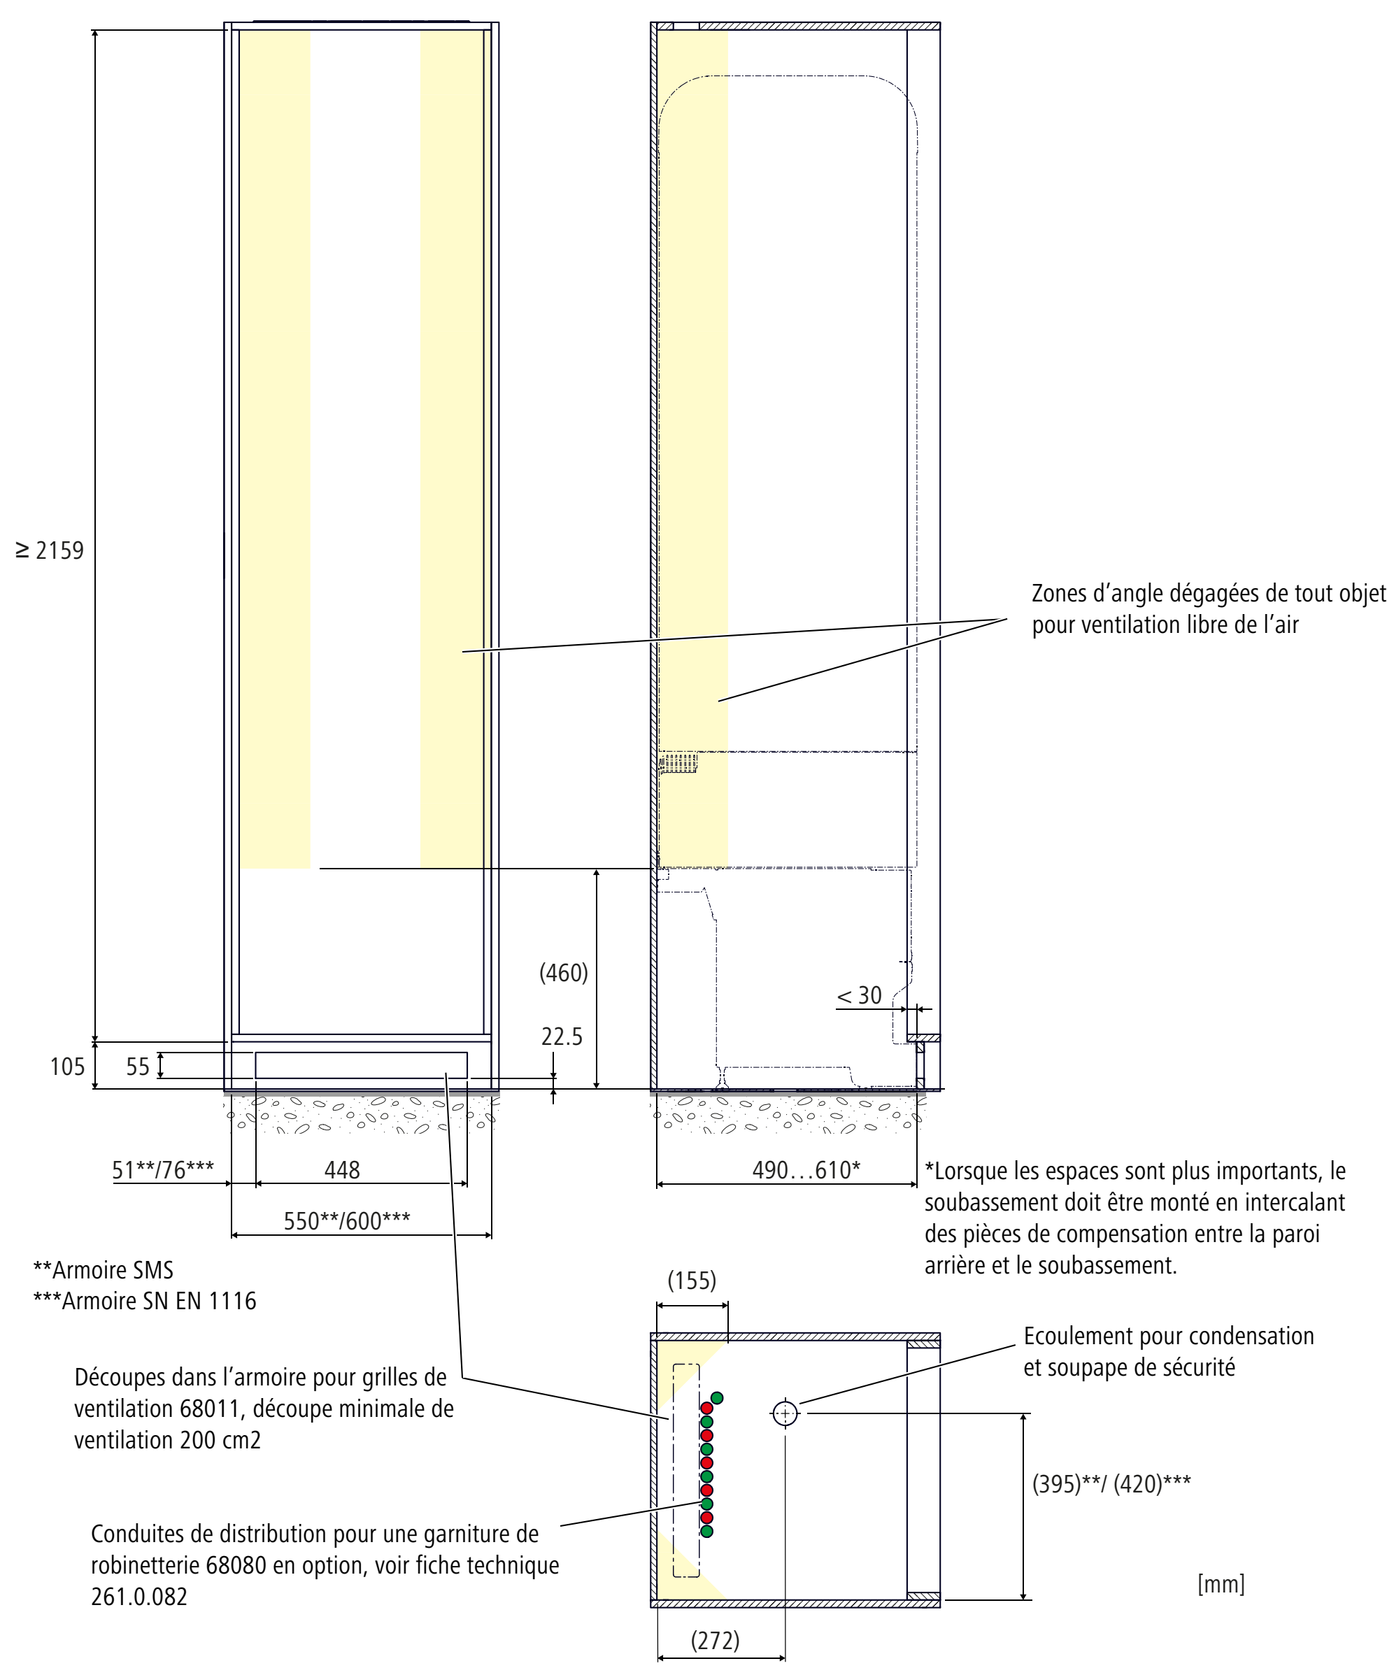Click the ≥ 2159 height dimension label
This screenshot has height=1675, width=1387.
(50, 550)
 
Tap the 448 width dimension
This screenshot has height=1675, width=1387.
(342, 1169)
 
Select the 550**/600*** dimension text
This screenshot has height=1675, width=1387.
(347, 1220)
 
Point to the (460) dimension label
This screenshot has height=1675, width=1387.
(563, 972)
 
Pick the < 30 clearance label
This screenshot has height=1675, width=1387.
(859, 995)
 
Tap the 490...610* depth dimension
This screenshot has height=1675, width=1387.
(806, 1169)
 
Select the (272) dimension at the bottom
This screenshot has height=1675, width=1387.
(715, 1640)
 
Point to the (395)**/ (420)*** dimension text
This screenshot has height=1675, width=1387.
(1111, 1483)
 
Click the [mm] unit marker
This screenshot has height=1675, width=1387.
(1221, 1583)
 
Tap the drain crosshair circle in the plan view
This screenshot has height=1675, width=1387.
(785, 1413)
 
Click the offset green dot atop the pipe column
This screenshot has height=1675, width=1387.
(717, 1397)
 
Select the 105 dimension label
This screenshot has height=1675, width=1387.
(67, 1067)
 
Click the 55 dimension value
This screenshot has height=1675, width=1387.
(137, 1067)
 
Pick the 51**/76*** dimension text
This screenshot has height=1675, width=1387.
(163, 1169)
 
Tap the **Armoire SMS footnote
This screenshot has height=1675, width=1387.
(103, 1270)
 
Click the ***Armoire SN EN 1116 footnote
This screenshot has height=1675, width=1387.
(144, 1301)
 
